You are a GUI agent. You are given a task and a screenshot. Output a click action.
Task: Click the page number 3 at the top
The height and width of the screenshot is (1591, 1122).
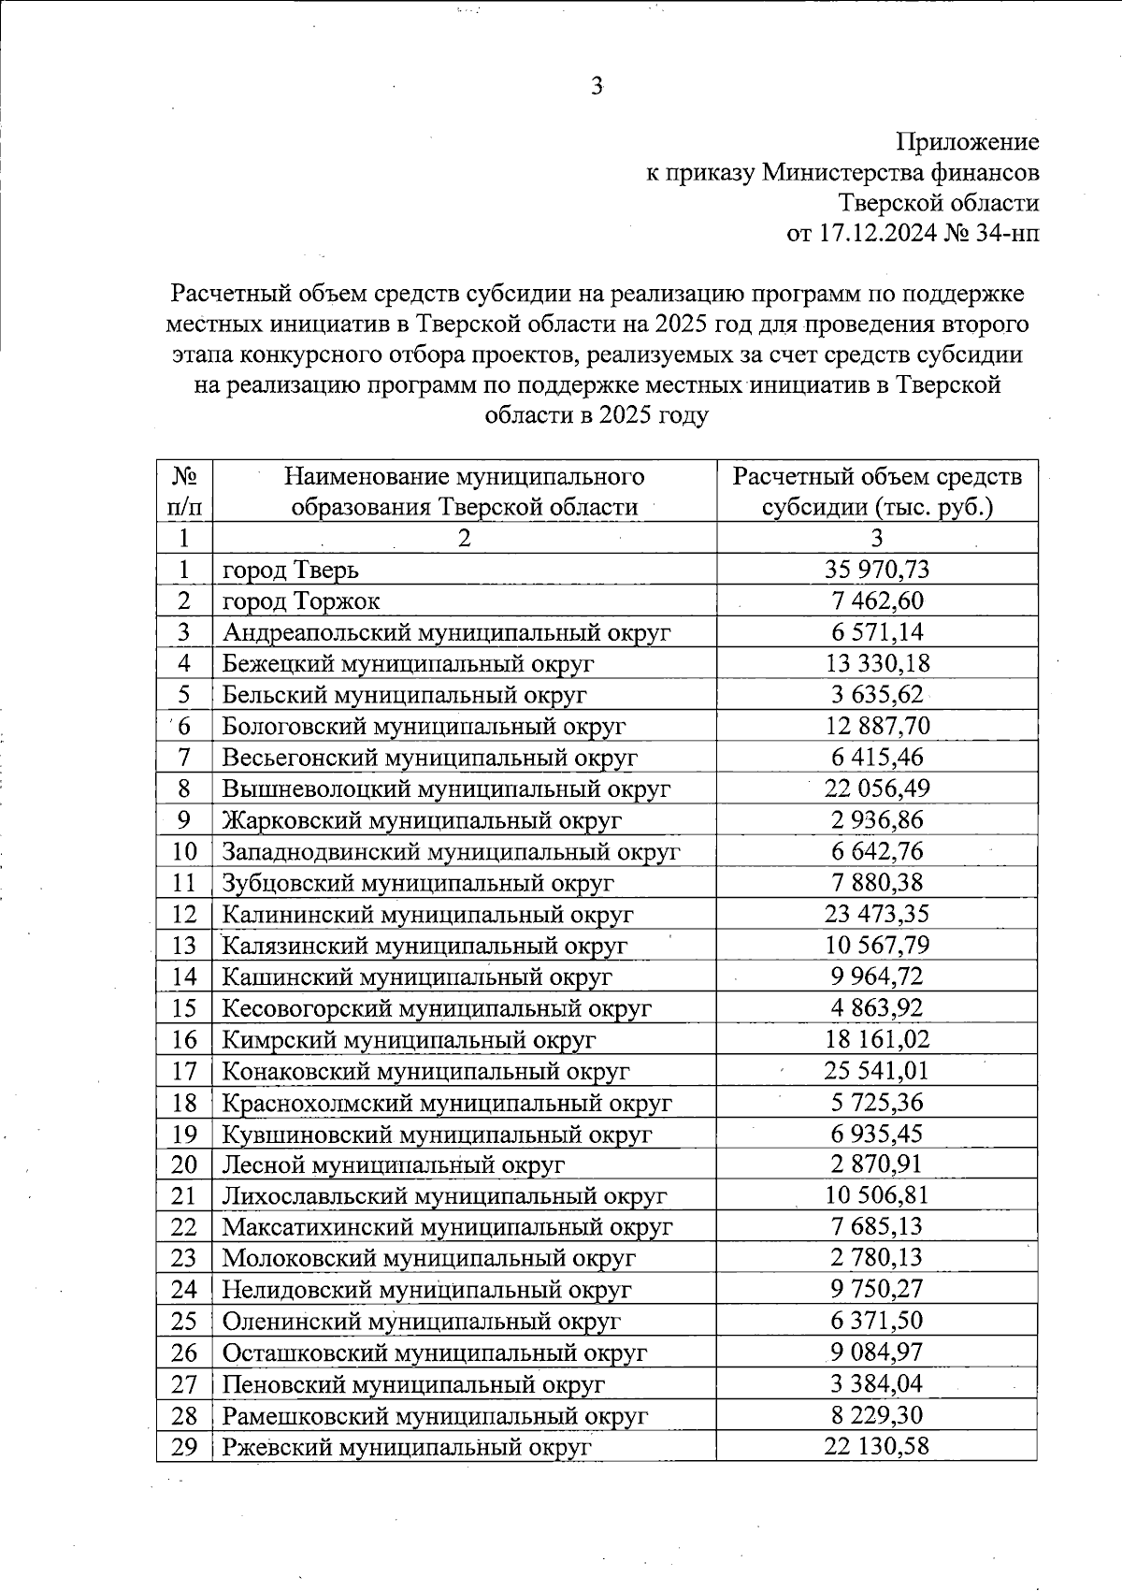[x=596, y=87]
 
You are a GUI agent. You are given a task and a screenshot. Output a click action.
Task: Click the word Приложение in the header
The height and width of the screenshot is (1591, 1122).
[x=968, y=142]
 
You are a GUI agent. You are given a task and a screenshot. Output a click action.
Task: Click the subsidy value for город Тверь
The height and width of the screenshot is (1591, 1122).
[x=877, y=569]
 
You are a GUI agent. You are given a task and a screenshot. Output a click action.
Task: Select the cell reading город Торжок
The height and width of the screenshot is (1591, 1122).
[x=301, y=600]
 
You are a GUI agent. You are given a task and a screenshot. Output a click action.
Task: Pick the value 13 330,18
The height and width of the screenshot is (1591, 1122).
[x=877, y=663]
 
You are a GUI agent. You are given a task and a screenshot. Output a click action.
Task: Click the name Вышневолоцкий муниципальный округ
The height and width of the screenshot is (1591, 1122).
[x=446, y=788]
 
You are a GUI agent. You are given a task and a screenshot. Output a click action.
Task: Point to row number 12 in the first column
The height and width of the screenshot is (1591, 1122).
[x=184, y=914]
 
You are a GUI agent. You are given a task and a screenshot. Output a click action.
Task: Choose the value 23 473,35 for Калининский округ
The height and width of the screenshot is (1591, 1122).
[x=877, y=914]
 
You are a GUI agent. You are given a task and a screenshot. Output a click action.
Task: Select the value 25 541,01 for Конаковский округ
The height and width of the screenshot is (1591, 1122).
[x=877, y=1070]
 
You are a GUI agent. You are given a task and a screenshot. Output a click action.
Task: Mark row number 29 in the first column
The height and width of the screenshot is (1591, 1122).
[x=184, y=1447]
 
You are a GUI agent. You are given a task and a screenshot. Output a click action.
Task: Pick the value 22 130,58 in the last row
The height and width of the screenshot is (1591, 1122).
[x=877, y=1447]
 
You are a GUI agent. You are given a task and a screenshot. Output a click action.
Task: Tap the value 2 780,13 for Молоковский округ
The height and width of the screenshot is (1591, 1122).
[x=877, y=1258]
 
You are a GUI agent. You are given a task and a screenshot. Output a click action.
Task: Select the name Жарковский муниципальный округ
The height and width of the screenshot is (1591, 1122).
[x=422, y=820]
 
